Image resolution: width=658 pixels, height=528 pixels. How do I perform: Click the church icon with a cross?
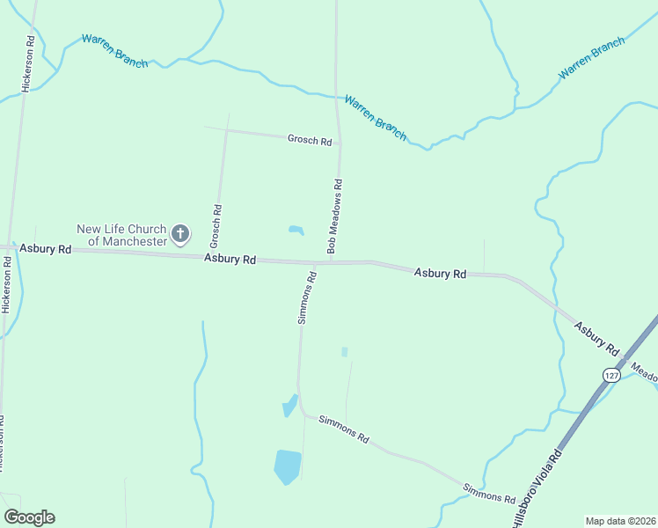click(179, 234)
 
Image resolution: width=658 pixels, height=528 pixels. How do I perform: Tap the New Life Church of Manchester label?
click(121, 235)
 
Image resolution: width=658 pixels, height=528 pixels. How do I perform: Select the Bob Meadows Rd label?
click(335, 216)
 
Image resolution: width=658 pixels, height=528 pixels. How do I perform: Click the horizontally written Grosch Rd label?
click(310, 140)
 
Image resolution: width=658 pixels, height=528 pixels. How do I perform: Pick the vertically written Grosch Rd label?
click(215, 226)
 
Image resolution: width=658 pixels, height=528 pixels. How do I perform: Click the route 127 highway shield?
click(611, 375)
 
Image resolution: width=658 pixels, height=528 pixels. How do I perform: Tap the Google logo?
click(29, 517)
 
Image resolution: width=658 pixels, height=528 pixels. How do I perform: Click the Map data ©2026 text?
click(620, 521)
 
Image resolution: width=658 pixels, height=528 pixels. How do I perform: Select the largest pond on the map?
click(287, 466)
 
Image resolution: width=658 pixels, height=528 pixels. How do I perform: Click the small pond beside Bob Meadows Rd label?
click(296, 231)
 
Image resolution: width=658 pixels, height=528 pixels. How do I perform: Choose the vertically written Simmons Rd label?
click(306, 298)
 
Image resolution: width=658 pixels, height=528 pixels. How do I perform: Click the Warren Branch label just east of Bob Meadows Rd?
click(376, 117)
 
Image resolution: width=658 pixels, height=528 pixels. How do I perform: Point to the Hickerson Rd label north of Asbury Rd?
click(29, 64)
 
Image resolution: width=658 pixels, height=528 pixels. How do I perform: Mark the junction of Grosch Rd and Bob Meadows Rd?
click(340, 143)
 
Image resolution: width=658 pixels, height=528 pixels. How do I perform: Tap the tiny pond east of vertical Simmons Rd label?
click(344, 352)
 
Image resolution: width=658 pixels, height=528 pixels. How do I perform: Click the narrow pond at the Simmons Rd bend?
click(289, 406)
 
